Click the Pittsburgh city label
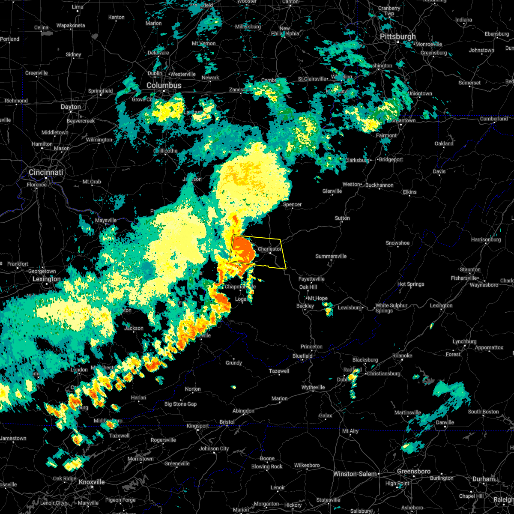point(398,37)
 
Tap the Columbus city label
point(164,85)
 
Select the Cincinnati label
point(46,172)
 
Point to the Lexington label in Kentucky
point(47,279)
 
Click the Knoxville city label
point(92,482)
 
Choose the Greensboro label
point(413,471)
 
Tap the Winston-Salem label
point(356,474)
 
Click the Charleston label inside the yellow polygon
point(269,249)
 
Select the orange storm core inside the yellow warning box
point(242,250)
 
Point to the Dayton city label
point(71,107)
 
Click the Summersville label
point(331,256)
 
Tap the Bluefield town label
point(302,356)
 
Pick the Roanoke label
point(402,356)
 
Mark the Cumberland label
point(494,119)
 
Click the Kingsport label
point(197,426)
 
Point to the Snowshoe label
point(397,243)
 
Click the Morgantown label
point(403,121)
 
